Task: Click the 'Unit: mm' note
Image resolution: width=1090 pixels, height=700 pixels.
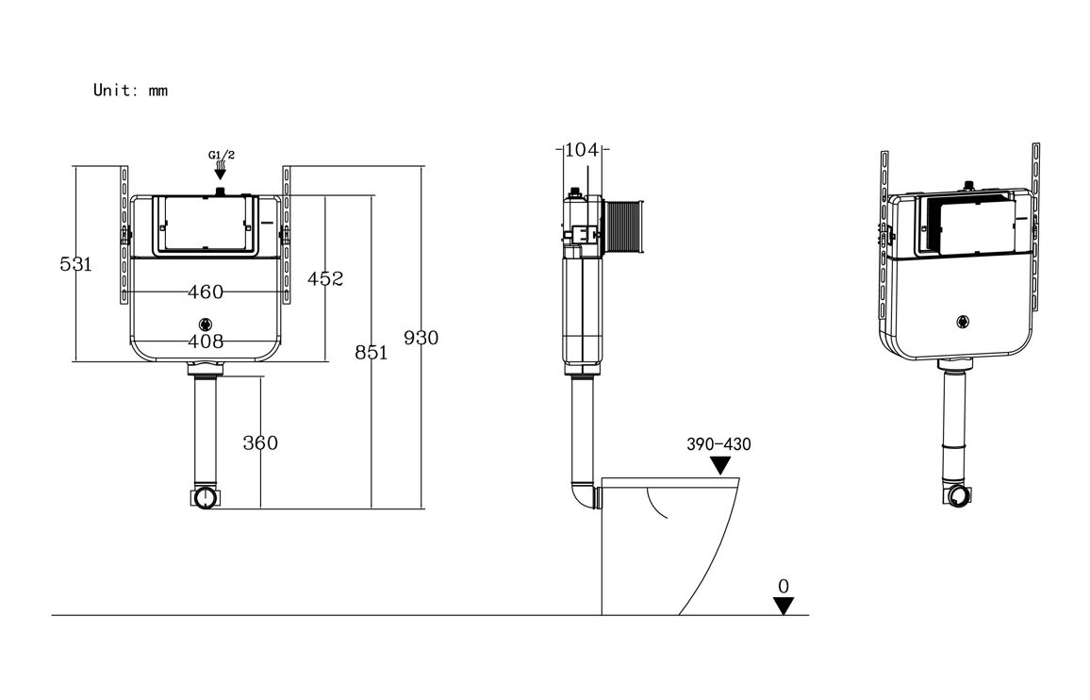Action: coord(130,91)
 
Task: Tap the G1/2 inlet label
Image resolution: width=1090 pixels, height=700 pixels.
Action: coord(220,155)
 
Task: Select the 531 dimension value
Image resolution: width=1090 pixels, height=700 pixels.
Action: coord(75,264)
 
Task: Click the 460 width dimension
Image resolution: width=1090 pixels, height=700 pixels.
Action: coord(206,292)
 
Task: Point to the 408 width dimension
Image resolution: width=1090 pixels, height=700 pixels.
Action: coord(206,341)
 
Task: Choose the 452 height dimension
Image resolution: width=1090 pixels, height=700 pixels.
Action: coord(325,278)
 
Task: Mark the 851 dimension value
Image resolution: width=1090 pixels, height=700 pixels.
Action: coord(371,352)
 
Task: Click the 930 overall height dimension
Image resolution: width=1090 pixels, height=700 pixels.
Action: coord(421,338)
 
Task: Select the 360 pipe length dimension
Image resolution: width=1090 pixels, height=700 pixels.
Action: coord(260,442)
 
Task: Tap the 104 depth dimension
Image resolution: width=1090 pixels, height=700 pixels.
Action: coord(583,149)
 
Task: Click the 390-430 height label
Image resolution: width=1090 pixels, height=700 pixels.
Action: coord(718,444)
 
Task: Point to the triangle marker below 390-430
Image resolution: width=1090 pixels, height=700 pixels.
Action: coord(721,465)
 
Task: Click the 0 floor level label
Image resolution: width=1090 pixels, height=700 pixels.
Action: coord(783,586)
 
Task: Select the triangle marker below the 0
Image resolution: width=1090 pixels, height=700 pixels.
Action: coord(784,606)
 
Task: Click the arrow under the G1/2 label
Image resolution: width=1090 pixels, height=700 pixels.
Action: coord(220,172)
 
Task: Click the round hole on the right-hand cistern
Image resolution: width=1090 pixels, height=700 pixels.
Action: coord(964,321)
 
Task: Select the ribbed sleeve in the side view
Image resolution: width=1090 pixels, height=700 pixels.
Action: coord(623,226)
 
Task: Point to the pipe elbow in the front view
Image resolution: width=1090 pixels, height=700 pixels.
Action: coord(205,497)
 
